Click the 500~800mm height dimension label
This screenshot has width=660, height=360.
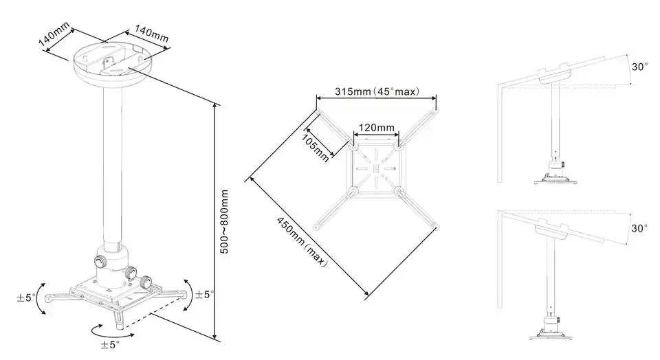click(x=225, y=223)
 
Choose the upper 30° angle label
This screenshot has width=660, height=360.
click(x=640, y=67)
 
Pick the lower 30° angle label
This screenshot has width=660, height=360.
click(x=640, y=228)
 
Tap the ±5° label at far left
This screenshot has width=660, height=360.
click(x=25, y=298)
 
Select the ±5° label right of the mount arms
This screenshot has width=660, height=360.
click(x=204, y=294)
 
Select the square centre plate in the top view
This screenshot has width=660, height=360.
click(x=375, y=168)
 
